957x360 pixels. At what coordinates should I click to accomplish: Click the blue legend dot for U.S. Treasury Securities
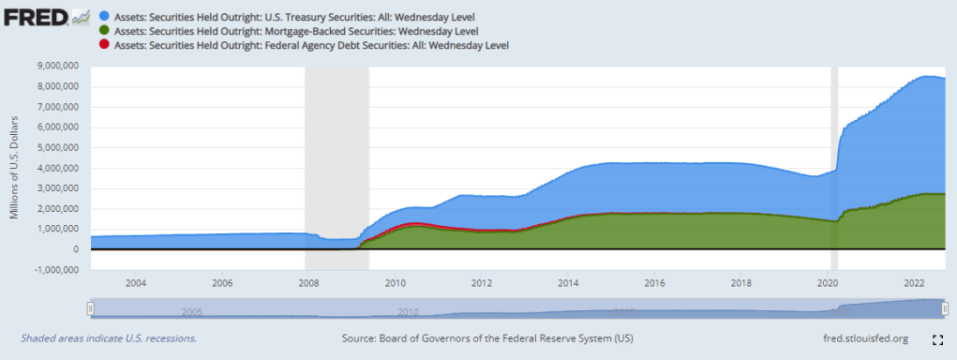104,17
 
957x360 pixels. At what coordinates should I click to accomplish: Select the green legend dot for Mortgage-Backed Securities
104,31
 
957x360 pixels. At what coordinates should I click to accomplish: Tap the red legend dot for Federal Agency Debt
104,45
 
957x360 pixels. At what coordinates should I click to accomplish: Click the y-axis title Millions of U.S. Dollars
15,167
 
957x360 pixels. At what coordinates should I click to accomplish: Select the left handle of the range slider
91,308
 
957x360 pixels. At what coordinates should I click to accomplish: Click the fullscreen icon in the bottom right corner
938,340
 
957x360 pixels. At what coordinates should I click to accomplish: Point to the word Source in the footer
358,338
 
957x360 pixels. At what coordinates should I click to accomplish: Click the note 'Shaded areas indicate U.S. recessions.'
109,338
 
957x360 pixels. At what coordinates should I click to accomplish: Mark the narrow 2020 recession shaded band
834,168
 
